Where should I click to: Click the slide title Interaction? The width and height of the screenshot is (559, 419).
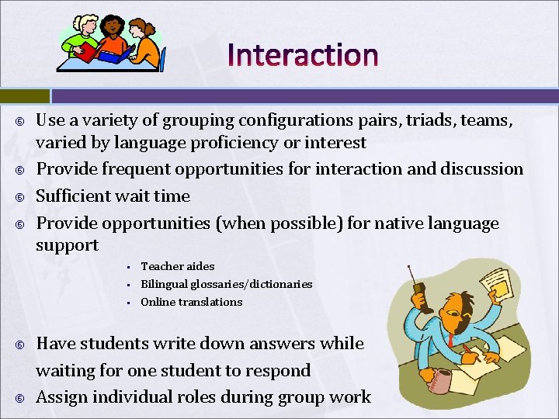click(x=303, y=55)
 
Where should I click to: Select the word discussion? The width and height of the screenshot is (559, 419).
click(x=482, y=169)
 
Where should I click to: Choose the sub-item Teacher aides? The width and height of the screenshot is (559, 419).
click(x=177, y=266)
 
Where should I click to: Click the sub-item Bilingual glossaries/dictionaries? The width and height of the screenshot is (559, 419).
click(x=226, y=284)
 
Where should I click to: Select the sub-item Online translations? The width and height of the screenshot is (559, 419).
click(x=191, y=302)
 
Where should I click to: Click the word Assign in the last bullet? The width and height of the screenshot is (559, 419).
click(x=62, y=397)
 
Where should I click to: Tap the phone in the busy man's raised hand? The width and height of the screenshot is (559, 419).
click(x=419, y=295)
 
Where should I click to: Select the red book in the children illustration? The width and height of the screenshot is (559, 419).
click(x=88, y=52)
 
